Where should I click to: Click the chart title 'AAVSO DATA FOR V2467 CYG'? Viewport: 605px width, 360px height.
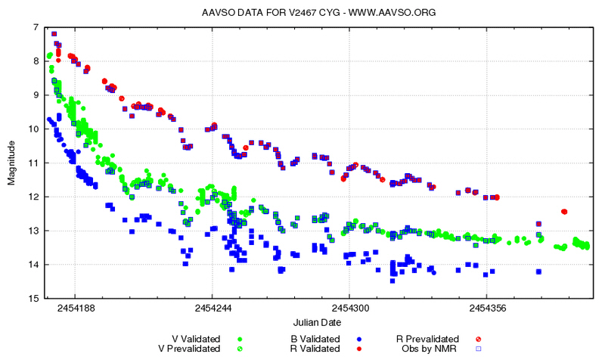tap(257, 13)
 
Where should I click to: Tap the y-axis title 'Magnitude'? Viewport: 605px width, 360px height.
tap(11, 163)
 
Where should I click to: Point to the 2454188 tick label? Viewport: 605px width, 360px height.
tap(75, 309)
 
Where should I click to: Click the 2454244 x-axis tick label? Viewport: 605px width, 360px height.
tap(213, 309)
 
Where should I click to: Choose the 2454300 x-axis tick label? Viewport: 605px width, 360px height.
tap(349, 309)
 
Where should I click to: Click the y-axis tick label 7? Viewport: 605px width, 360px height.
tap(35, 27)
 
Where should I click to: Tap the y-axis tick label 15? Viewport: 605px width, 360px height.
tap(33, 298)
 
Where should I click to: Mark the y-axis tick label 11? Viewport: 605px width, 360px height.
tap(33, 163)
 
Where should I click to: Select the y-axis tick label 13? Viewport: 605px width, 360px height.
tap(33, 231)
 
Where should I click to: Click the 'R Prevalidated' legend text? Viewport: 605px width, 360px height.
tap(427, 339)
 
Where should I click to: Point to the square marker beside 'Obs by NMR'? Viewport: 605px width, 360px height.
tap(478, 349)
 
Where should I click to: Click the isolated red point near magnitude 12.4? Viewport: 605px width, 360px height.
tap(564, 211)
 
